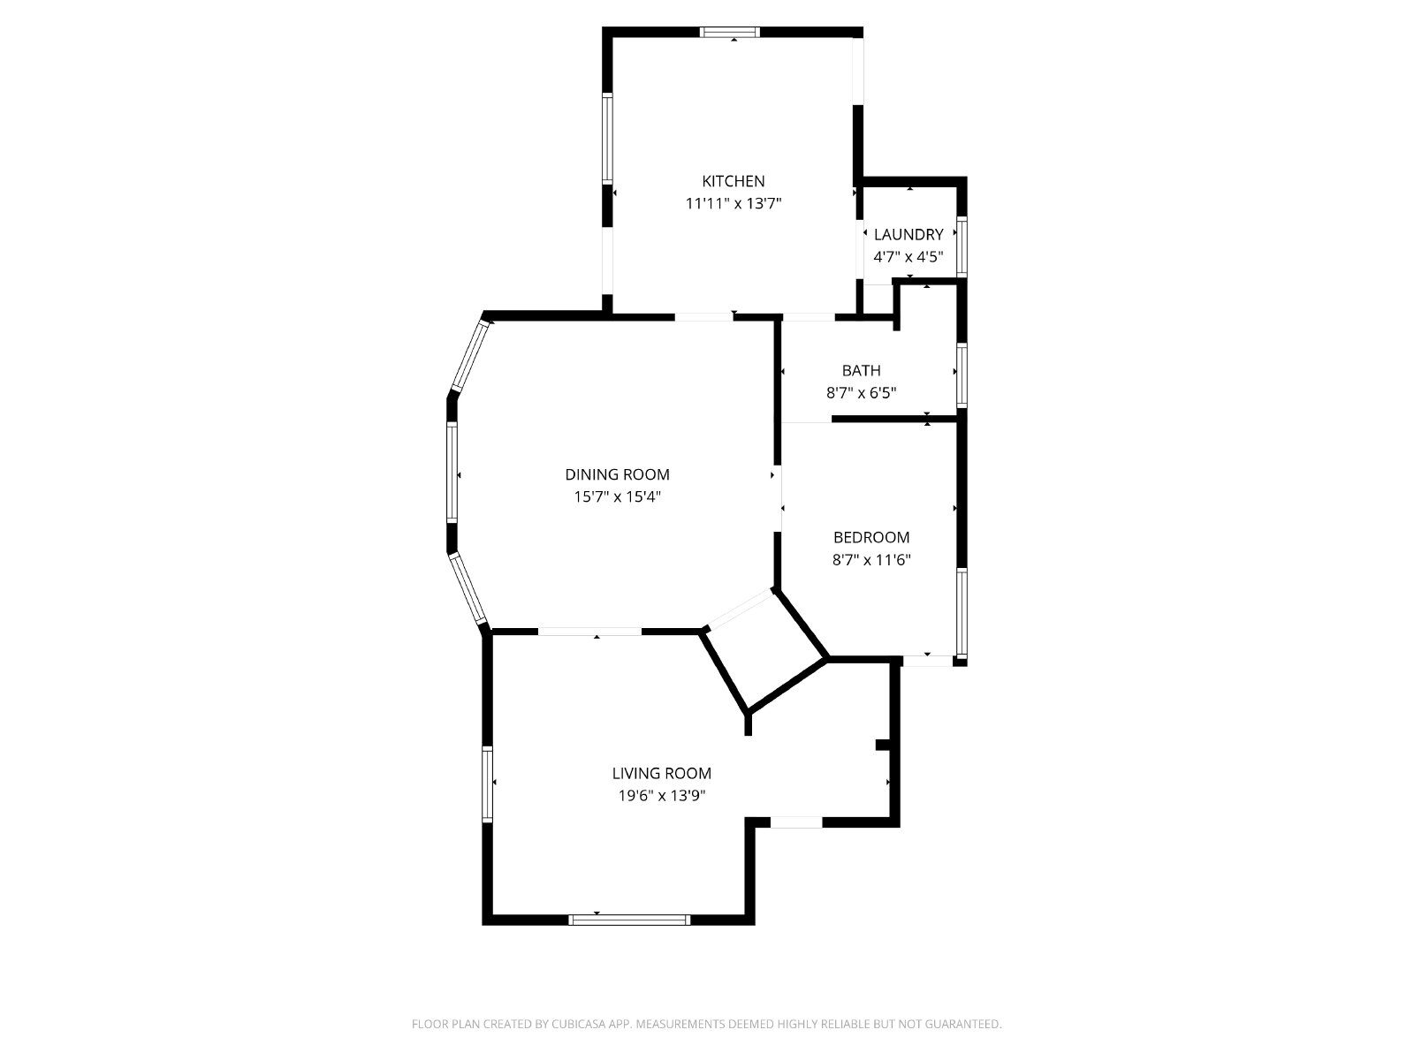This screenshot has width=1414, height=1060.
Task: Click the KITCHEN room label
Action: (734, 181)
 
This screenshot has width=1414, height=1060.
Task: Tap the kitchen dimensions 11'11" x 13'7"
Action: (734, 204)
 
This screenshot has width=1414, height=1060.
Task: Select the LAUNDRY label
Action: (908, 234)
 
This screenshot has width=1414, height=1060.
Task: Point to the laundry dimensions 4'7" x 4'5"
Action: (908, 257)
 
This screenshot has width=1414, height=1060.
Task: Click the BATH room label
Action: (862, 371)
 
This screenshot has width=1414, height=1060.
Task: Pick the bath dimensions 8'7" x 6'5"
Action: (862, 392)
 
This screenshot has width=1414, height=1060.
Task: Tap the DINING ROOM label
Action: (617, 475)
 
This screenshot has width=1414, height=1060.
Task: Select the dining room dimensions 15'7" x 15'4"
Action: (617, 496)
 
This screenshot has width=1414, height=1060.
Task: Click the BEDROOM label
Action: (871, 537)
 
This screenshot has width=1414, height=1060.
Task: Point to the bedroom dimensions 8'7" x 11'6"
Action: (871, 560)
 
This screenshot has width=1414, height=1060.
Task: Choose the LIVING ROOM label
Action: (662, 774)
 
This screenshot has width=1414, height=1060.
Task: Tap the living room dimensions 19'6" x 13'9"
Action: (662, 796)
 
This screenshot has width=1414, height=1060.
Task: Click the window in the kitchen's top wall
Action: (730, 32)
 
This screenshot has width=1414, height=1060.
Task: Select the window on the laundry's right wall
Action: (962, 247)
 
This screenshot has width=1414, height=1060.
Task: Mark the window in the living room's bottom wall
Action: (629, 920)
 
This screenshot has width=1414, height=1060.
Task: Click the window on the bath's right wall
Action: (962, 375)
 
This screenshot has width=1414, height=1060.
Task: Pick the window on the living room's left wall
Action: (488, 784)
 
